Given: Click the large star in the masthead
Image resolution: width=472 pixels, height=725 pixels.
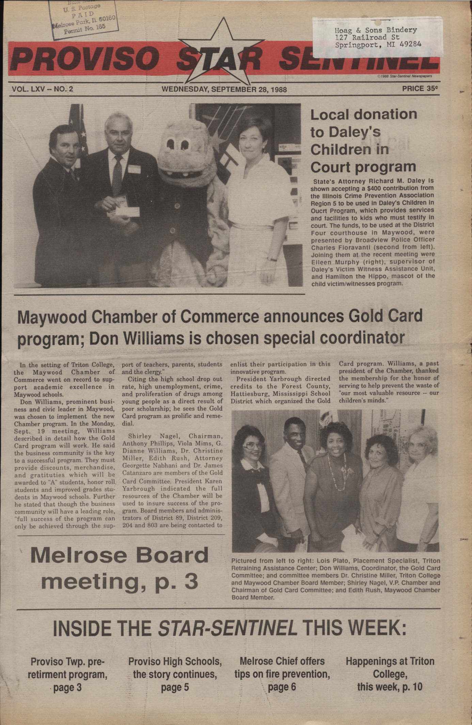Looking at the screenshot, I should pyautogui.click(x=222, y=54).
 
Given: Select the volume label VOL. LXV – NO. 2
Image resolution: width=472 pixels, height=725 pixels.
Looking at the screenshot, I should pyautogui.click(x=43, y=89).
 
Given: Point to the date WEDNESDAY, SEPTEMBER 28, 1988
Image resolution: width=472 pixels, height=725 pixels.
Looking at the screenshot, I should pyautogui.click(x=224, y=90).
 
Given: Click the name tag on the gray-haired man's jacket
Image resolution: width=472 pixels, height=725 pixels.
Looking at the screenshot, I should pyautogui.click(x=134, y=169).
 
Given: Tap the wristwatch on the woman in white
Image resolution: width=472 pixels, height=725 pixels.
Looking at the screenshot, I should pyautogui.click(x=272, y=259).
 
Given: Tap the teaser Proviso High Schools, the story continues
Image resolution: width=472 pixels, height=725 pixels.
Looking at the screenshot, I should pyautogui.click(x=175, y=674).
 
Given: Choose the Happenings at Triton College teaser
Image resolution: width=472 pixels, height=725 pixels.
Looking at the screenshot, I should pyautogui.click(x=390, y=674).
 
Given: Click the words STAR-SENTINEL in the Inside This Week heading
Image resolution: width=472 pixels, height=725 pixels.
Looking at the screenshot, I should pyautogui.click(x=227, y=628).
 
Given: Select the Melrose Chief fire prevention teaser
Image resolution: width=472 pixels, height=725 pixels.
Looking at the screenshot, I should pyautogui.click(x=282, y=674).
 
